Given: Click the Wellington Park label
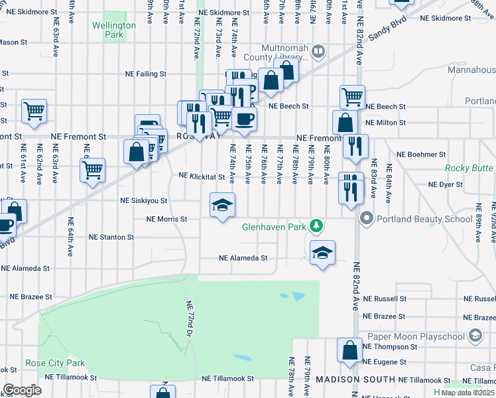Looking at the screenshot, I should pos(114,29).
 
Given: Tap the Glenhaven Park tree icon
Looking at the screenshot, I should pos(318,227).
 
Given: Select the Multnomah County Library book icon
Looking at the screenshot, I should pos(318,50).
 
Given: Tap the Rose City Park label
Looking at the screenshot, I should pos(55,363).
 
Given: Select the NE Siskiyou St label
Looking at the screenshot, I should pos(143,200).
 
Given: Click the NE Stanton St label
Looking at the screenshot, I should pos(111,236).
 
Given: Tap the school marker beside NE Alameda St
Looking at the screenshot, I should pos(322,252).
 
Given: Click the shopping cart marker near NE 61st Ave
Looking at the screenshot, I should pos(34,111).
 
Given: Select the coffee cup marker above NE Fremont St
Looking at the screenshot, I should pos(245,118).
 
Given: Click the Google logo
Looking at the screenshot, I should pos(22,389).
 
